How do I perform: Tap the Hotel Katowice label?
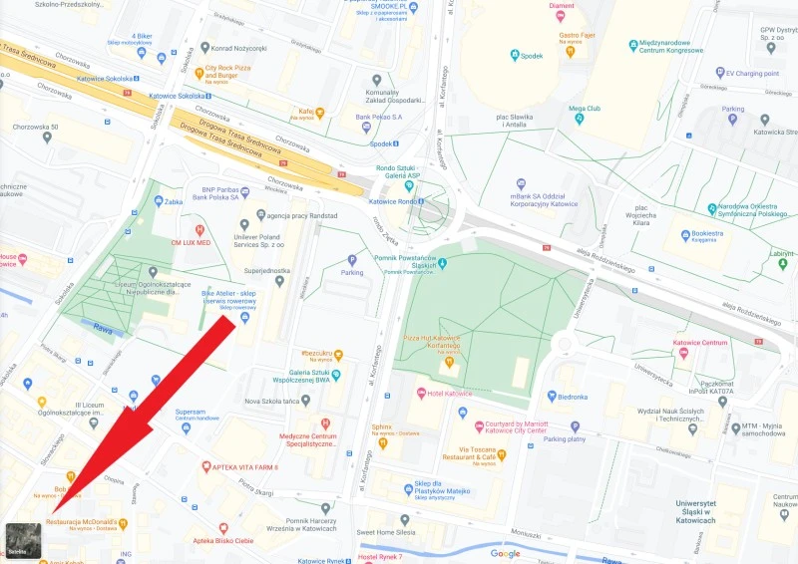450,394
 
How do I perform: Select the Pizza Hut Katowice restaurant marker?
449,362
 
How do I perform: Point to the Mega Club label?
585,108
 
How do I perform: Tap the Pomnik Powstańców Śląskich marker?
443,263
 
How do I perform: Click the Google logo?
505,553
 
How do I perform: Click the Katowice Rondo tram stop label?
392,202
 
